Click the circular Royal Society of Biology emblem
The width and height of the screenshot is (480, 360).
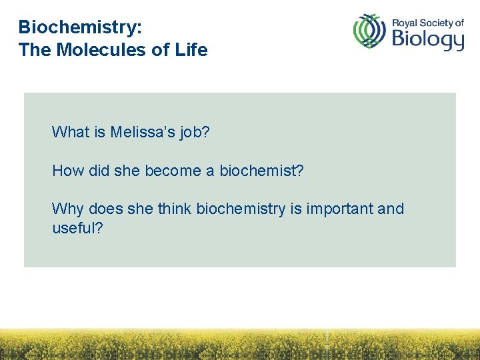369,31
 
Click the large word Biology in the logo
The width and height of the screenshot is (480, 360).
427,39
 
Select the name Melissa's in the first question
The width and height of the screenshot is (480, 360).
143,132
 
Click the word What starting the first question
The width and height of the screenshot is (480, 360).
71,132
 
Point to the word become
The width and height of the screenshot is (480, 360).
173,171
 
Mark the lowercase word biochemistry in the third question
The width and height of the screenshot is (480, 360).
241,209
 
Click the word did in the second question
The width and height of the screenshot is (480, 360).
99,171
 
